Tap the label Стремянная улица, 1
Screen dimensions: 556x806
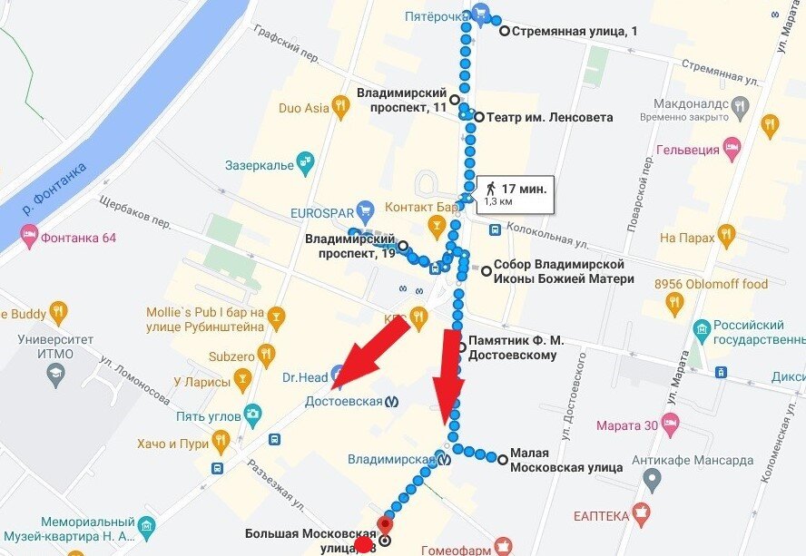pos(575,31)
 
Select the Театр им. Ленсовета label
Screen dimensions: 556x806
pos(549,117)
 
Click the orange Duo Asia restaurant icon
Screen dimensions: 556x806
pos(341,108)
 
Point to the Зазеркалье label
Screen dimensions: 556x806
pos(260,166)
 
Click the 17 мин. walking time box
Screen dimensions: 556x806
pos(515,193)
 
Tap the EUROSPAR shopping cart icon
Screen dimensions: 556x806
pos(367,210)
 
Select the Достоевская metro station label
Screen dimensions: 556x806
pos(343,401)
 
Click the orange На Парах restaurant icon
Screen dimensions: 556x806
pos(726,237)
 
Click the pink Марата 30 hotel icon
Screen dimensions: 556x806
pos(671,424)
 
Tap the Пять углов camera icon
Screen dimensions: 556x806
pos(253,415)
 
